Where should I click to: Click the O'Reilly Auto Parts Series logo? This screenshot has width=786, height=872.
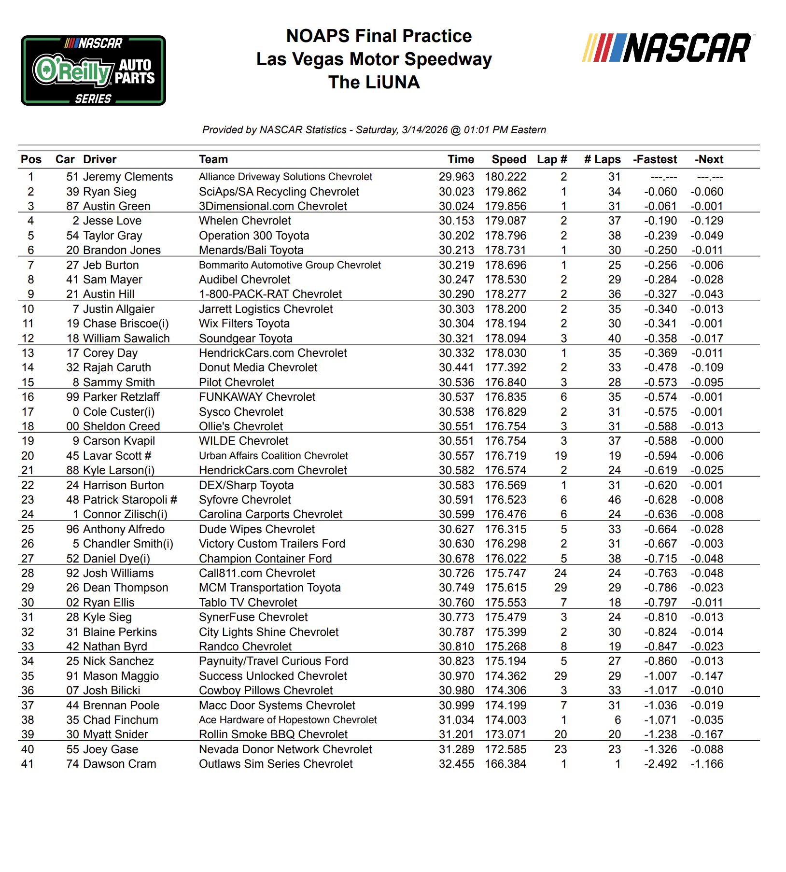[x=93, y=70]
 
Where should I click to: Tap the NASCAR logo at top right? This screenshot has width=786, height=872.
[x=669, y=48]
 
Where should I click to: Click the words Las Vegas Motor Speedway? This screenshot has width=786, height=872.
[x=374, y=59]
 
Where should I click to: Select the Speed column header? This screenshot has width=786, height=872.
[x=508, y=159]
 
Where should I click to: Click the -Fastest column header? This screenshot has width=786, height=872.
[x=655, y=159]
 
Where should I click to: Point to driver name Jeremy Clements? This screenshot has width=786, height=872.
[x=127, y=177]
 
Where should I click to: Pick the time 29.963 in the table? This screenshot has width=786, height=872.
[x=456, y=177]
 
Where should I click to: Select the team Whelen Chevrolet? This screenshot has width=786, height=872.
[x=245, y=221]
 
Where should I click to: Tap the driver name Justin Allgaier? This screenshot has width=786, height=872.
[x=119, y=309]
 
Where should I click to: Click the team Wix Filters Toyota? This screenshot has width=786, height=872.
[x=244, y=323]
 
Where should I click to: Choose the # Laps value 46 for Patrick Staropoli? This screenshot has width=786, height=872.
[x=614, y=500]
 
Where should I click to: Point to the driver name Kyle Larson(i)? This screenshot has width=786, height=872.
[x=119, y=470]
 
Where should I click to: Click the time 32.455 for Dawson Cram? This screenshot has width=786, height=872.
[x=456, y=764]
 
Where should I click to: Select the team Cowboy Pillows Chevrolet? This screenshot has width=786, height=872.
[x=266, y=690]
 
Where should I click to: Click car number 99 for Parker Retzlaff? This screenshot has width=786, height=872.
[x=72, y=397]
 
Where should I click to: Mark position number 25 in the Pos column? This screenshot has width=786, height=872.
[x=28, y=529]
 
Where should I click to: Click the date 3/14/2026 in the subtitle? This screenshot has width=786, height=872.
[x=424, y=130]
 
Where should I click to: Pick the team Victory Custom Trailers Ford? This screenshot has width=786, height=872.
[x=272, y=544]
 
